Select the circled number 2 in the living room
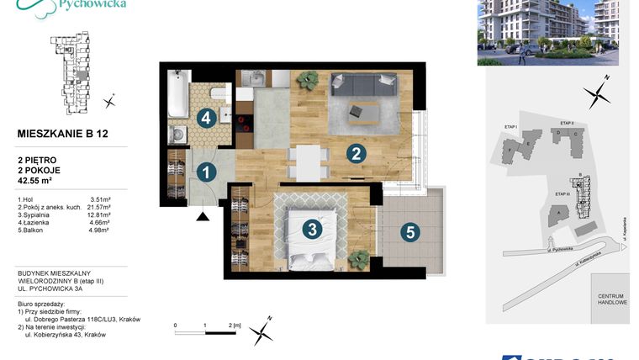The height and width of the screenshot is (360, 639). pyautogui.click(x=356, y=154)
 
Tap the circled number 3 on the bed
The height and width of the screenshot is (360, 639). pyautogui.click(x=311, y=228)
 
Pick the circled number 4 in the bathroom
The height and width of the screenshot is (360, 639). pyautogui.click(x=206, y=118)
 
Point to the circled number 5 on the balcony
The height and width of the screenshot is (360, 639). pyautogui.click(x=409, y=232)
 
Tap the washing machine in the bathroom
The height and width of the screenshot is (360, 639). pyautogui.click(x=179, y=135)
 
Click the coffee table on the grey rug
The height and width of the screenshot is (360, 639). pyautogui.click(x=366, y=110)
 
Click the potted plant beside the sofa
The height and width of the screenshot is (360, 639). pyautogui.click(x=309, y=80)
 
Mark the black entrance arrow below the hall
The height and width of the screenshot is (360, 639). pyautogui.click(x=203, y=217)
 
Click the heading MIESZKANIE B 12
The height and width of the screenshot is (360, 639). pyautogui.click(x=63, y=133)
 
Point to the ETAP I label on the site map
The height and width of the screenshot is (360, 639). pyautogui.click(x=510, y=127)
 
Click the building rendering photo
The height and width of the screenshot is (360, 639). pyautogui.click(x=547, y=32)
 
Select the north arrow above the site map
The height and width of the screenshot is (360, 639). pyautogui.click(x=599, y=91)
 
